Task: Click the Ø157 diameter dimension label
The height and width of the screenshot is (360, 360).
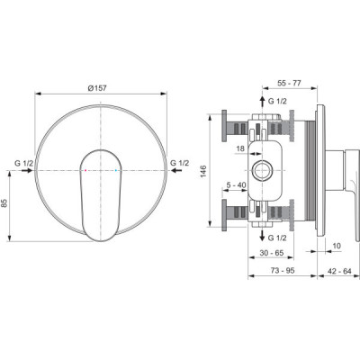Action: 97,88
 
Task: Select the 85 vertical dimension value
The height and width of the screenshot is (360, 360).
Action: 4,203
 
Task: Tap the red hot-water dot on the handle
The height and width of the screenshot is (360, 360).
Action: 85,170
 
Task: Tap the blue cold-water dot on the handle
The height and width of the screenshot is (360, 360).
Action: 116,170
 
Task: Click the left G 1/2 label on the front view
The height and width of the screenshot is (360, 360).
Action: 24,163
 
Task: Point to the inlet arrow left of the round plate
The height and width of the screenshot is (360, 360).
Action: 27,170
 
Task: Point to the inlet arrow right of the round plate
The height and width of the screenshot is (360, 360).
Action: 176,170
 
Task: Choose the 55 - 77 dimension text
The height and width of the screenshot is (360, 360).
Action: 289,83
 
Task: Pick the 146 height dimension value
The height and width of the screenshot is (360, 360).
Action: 203,171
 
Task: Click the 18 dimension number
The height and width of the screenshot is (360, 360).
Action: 240,148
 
